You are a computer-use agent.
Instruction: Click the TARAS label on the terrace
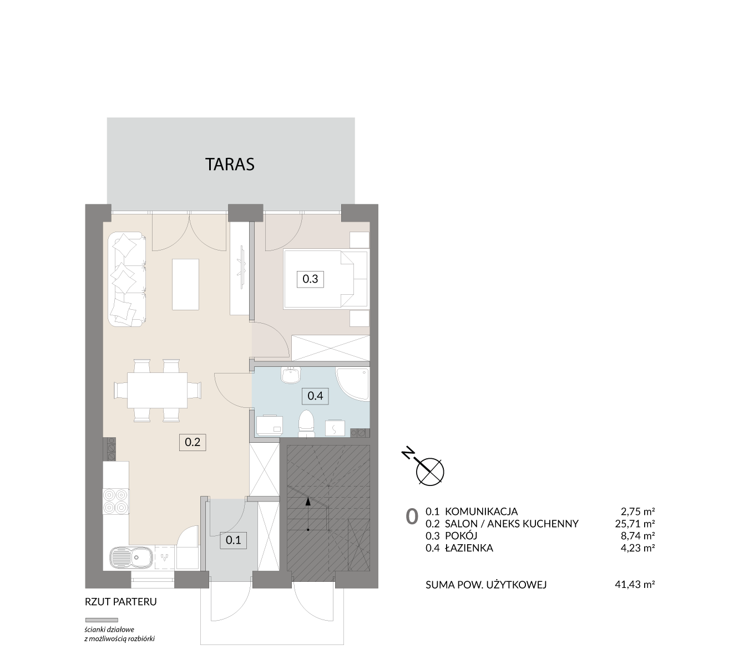[x=230, y=164]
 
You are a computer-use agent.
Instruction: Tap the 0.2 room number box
[x=193, y=442]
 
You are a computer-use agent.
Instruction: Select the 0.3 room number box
[x=310, y=279]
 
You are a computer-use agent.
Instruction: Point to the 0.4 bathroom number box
[x=315, y=396]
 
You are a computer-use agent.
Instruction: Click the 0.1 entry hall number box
[x=234, y=540]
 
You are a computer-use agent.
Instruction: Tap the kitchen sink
[x=131, y=558]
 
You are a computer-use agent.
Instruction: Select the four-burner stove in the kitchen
[x=116, y=502]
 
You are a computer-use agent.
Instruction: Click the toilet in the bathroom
[x=306, y=423]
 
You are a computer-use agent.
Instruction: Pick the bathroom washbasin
[x=291, y=375]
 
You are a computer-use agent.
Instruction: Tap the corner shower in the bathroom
[x=352, y=384]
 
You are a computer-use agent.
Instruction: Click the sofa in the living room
[x=127, y=279]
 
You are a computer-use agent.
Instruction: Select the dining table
[x=157, y=390]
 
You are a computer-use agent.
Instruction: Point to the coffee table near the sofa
[x=185, y=284]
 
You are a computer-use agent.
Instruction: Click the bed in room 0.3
[x=326, y=279]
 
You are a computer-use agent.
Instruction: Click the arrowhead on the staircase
[x=308, y=502]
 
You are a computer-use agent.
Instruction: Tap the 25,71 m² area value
[x=635, y=523]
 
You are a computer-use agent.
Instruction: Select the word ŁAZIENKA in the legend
[x=469, y=548]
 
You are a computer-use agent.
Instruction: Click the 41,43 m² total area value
[x=635, y=585]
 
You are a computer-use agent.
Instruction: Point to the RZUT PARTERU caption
[x=121, y=602]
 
